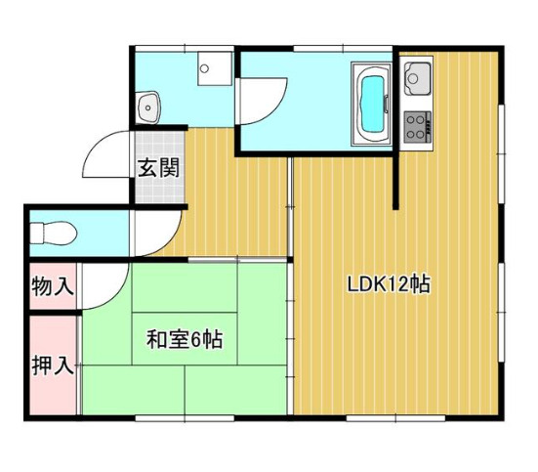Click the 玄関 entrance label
click(x=158, y=167)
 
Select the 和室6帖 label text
click(x=185, y=340)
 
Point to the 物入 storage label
click(x=52, y=287)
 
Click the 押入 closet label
click(x=52, y=366)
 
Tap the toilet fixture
click(x=53, y=234)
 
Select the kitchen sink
click(x=418, y=74)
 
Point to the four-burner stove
click(x=418, y=124)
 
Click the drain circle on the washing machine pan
click(x=205, y=68)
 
